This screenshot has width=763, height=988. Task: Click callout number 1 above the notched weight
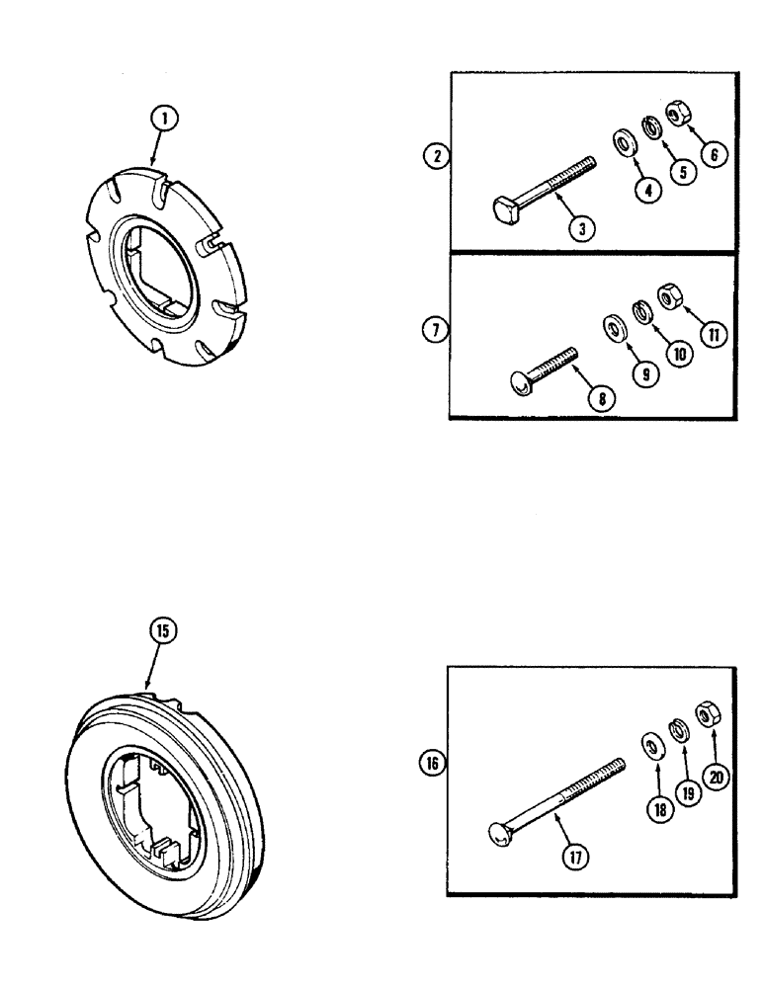click(165, 121)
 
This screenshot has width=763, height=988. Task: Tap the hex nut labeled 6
click(678, 115)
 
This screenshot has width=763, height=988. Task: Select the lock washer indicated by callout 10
click(641, 311)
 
